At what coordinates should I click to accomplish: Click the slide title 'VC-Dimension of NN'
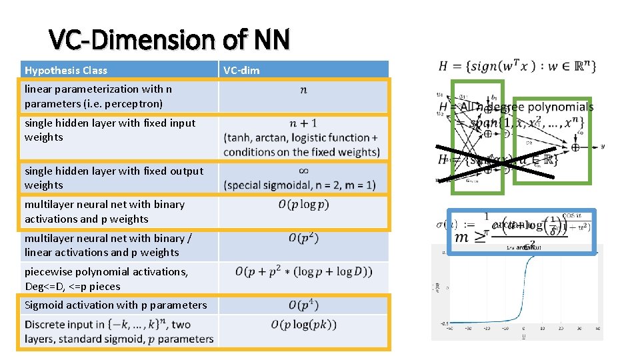tap(170, 40)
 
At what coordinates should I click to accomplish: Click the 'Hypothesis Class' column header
tap(66, 70)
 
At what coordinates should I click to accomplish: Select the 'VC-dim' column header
tap(241, 70)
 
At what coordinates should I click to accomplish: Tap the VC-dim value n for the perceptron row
tap(303, 90)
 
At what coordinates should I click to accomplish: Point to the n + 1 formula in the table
tap(303, 123)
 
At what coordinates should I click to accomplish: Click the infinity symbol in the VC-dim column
tap(303, 170)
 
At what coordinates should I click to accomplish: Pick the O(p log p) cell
tap(303, 205)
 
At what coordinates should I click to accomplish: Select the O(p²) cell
tap(303, 238)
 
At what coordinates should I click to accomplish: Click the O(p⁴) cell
tap(303, 305)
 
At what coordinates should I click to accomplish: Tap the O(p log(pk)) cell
tap(303, 325)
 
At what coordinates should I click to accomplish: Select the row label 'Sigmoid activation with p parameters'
tap(116, 305)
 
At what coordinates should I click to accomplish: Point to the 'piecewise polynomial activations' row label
tap(107, 271)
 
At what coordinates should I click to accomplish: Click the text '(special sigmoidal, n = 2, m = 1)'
tap(300, 185)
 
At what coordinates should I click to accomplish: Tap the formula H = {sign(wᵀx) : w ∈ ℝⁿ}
tap(517, 66)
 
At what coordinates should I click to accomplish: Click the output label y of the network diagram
tap(603, 146)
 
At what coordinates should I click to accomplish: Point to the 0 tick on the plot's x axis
tap(524, 327)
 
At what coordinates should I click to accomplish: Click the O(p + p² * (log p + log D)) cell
tap(303, 272)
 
